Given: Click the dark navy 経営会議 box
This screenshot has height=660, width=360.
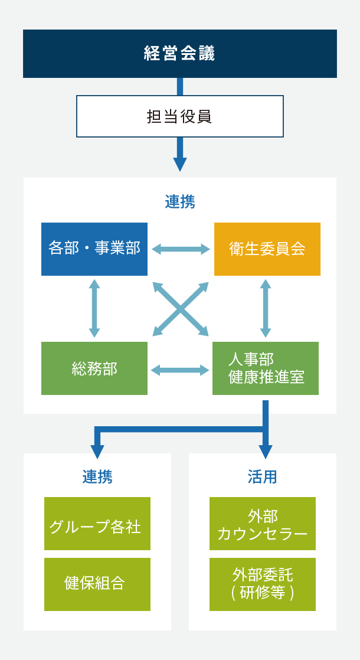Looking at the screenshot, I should point(180,54).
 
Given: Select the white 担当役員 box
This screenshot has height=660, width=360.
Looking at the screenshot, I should point(180,116).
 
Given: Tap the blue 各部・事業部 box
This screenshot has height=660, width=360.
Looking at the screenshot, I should point(94,249).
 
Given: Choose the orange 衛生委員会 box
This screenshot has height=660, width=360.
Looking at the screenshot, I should point(267,249).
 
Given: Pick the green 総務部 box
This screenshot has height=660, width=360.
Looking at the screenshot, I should point(94,368).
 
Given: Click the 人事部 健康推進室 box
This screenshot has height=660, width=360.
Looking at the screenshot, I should point(266,368).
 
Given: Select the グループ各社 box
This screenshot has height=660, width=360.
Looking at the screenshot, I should point(97,524).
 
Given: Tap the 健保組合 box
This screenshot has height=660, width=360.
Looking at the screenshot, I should point(97,584).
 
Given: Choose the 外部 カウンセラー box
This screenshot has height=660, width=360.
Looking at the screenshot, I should point(263,524).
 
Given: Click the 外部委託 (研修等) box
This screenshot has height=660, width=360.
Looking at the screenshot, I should point(263,584).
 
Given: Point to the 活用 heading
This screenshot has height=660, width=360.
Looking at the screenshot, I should point(263,477).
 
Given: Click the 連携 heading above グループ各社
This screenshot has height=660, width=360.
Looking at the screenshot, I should point(97,477).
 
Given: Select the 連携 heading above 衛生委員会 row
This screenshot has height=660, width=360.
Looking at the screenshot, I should point(180,202).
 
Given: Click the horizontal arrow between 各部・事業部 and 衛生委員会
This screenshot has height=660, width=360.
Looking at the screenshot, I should point(181,249).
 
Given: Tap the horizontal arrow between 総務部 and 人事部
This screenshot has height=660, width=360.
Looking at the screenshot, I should point(180,370).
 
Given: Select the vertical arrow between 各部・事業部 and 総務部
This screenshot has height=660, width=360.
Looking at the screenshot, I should point(94,308).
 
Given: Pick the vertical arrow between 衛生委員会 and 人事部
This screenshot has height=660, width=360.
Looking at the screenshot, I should point(266,308).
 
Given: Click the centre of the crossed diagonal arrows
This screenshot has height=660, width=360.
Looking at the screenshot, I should point(181,309).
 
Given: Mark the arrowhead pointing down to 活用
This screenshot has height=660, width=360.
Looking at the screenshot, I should point(266,452).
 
